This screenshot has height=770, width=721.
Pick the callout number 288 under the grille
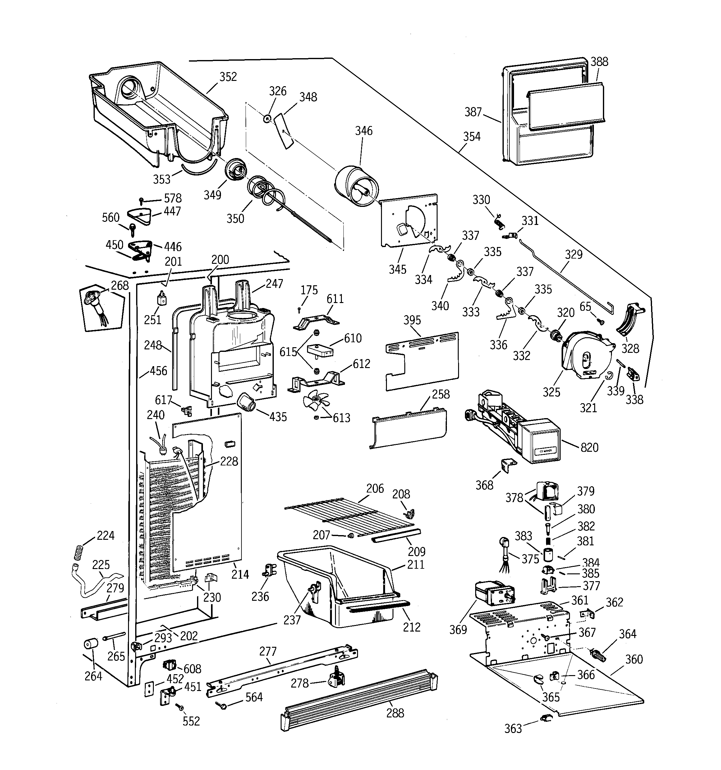tap(395, 713)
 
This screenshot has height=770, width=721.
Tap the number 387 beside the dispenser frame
tap(473, 112)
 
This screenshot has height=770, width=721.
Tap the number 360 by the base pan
tap(634, 659)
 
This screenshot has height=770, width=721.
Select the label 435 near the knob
tap(278, 417)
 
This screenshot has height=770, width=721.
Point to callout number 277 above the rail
tap(268, 651)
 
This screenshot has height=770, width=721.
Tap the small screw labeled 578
tap(142, 201)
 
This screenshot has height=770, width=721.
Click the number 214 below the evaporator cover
tap(240, 574)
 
